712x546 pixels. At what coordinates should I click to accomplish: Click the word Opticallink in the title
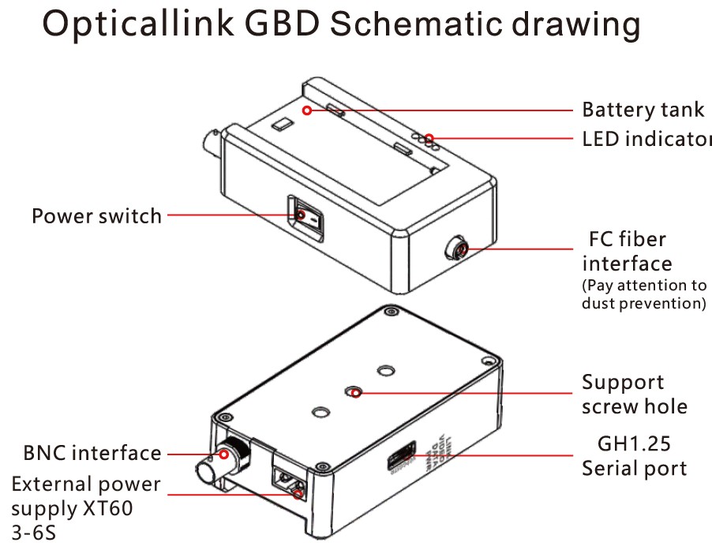[x=150, y=25]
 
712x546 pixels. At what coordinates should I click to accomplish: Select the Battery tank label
[x=643, y=110]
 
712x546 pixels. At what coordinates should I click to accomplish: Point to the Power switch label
[x=96, y=215]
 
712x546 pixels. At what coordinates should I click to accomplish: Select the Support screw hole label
[x=634, y=394]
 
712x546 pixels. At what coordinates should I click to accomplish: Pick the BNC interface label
[x=92, y=453]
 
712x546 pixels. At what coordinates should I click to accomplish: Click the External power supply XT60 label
[x=85, y=496]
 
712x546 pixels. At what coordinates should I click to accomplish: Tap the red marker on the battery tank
[x=306, y=110]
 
